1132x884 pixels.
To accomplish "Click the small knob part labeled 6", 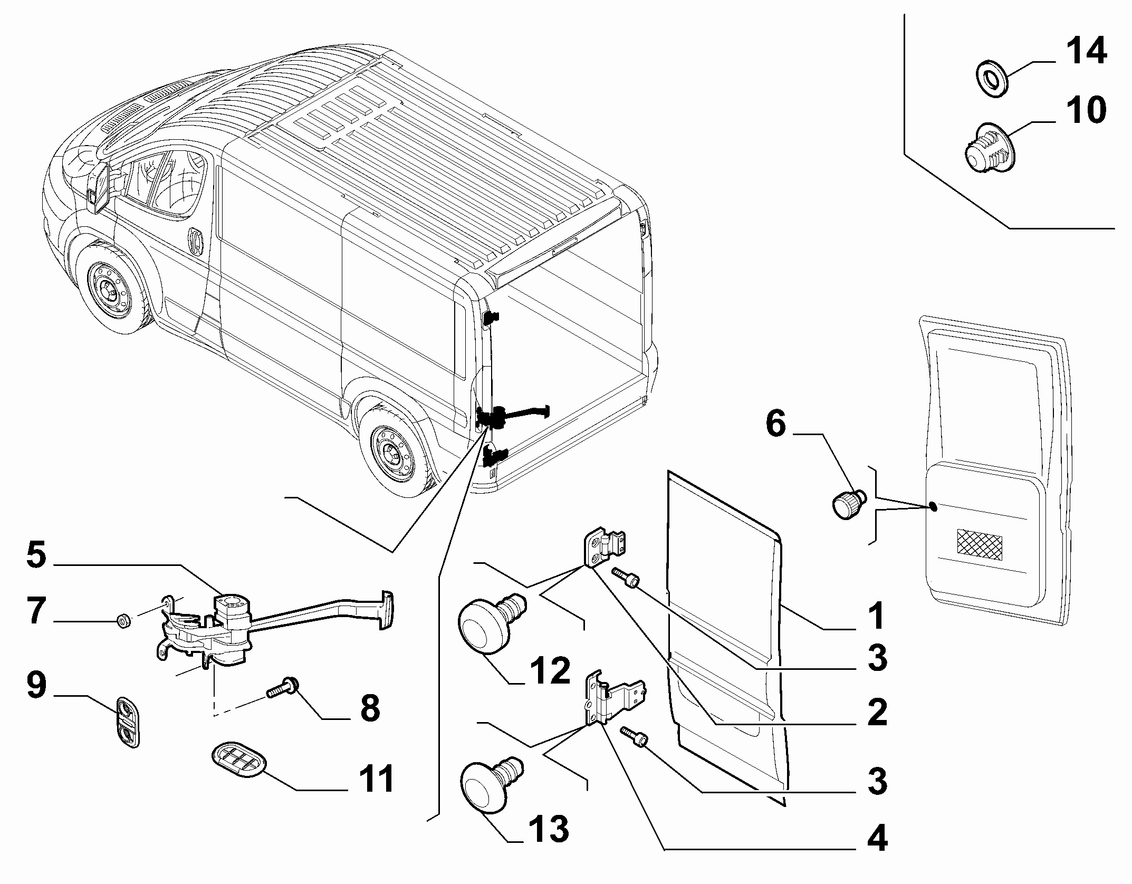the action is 849,502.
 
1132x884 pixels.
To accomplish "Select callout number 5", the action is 36,557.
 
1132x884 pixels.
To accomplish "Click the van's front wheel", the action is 113,290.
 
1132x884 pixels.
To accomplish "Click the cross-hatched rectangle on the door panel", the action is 979,545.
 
